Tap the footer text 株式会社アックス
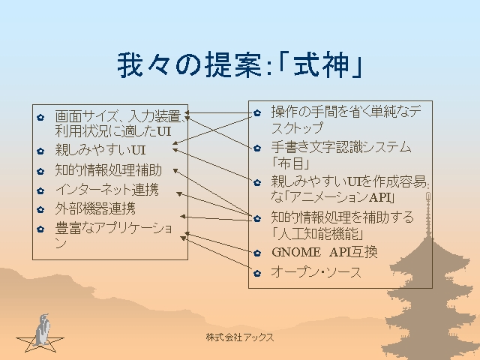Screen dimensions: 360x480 (240, 337)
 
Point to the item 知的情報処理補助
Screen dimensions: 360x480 (109, 170)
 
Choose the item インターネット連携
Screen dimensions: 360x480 (107, 190)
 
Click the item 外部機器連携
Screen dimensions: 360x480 (95, 208)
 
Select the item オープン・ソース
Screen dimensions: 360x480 (316, 271)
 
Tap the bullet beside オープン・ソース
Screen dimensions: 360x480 (256, 272)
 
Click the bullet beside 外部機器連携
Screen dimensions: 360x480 (40, 209)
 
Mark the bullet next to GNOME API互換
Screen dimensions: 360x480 (256, 253)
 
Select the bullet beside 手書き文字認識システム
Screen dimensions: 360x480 (256, 147)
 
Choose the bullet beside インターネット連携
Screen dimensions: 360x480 (40, 190)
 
